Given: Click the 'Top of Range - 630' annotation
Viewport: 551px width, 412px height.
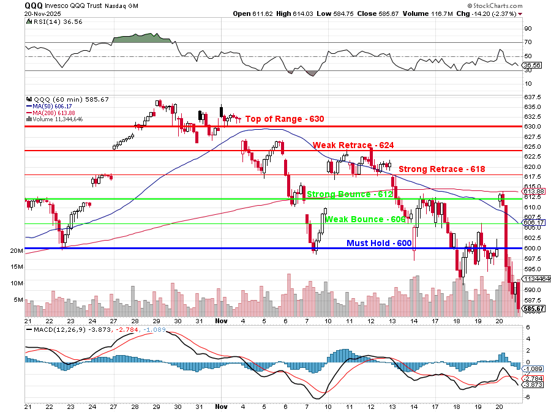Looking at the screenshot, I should pyautogui.click(x=284, y=119).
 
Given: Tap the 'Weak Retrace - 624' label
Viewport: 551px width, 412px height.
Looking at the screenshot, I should pyautogui.click(x=353, y=145).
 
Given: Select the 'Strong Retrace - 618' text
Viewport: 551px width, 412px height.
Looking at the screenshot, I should pyautogui.click(x=441, y=169).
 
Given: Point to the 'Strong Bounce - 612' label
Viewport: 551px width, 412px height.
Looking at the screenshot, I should pyautogui.click(x=349, y=194).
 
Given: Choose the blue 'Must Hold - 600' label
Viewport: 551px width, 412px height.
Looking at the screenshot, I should pyautogui.click(x=379, y=243).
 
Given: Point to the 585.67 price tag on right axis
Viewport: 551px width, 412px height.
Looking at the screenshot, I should pyautogui.click(x=534, y=309).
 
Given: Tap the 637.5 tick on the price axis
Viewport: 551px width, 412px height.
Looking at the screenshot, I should pyautogui.click(x=532, y=97).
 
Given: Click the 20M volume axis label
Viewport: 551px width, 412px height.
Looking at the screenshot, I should pyautogui.click(x=16, y=251).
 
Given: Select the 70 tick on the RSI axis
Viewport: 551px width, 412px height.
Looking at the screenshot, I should pyautogui.click(x=528, y=42).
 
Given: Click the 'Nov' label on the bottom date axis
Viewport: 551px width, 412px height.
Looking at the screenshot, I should pyautogui.click(x=221, y=320).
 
